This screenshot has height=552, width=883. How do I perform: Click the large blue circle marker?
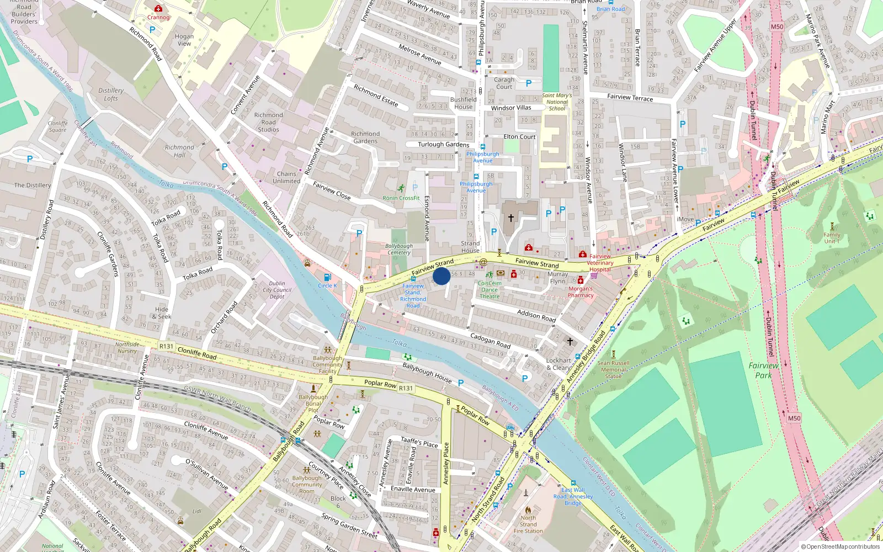pyautogui.click(x=441, y=276)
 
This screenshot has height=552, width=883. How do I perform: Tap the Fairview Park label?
pyautogui.click(x=764, y=370)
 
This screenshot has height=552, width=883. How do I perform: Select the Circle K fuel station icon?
pyautogui.click(x=327, y=277)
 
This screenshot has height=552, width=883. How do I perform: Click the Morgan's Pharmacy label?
pyautogui.click(x=581, y=292)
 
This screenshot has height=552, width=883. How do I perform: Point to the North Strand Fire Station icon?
pyautogui.click(x=528, y=510)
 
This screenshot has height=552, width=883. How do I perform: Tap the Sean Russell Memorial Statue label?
pyautogui.click(x=613, y=369)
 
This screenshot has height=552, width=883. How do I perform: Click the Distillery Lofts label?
pyautogui.click(x=111, y=94)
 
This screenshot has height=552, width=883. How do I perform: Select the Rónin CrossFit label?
pyautogui.click(x=401, y=198)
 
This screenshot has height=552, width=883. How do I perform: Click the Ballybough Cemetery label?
pyautogui.click(x=399, y=249)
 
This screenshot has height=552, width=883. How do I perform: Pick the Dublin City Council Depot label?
pyautogui.click(x=277, y=290)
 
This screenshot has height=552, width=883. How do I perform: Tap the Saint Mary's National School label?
pyautogui.click(x=557, y=102)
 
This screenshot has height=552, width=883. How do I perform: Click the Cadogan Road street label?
pyautogui.click(x=490, y=340)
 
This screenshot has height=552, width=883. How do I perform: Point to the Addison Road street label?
pyautogui.click(x=536, y=315)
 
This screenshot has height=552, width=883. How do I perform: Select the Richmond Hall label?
pyautogui.click(x=179, y=151)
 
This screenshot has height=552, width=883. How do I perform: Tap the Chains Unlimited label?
pyautogui.click(x=286, y=177)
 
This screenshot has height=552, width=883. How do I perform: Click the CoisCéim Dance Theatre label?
pyautogui.click(x=489, y=290)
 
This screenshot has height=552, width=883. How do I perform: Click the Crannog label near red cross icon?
pyautogui.click(x=158, y=17)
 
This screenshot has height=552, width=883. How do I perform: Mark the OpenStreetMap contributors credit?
pyautogui.click(x=840, y=546)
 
